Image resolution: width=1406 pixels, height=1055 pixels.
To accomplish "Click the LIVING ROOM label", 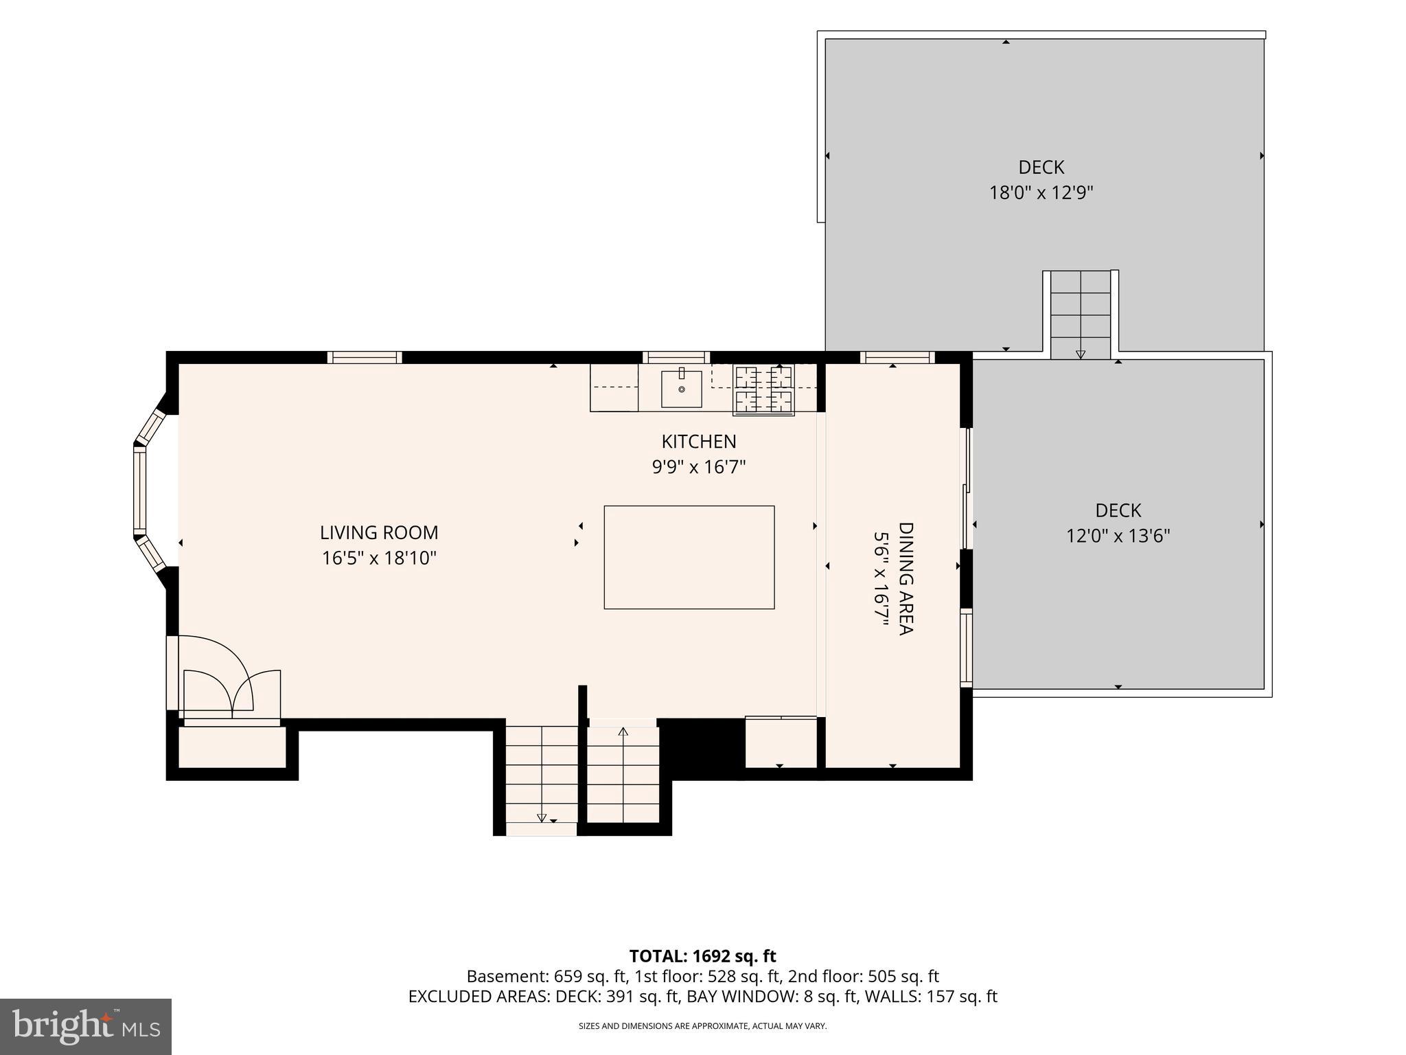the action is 379,532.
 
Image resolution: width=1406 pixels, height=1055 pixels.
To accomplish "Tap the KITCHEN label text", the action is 699,441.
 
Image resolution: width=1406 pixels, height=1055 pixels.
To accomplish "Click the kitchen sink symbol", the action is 682,388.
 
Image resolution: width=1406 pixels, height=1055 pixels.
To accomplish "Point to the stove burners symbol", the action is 764,390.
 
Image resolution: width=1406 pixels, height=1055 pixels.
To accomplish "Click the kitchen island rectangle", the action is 689,557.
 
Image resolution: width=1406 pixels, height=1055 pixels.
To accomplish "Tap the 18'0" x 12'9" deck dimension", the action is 1041,192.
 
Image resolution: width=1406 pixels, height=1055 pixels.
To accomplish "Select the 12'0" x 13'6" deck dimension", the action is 1118,536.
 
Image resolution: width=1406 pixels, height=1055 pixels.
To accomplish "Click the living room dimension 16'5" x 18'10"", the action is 379,558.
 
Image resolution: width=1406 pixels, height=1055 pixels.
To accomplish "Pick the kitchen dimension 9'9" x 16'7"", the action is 699,467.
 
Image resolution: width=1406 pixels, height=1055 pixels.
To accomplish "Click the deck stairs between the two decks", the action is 1081,315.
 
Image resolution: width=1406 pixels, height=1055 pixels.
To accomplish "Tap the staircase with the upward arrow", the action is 623,774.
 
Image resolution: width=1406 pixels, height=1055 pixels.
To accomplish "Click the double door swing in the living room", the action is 227,679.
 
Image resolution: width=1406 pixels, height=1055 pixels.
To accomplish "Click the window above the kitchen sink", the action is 676,357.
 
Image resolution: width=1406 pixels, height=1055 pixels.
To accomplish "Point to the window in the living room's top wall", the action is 365,357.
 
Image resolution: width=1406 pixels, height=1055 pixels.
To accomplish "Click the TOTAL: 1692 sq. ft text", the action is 702,956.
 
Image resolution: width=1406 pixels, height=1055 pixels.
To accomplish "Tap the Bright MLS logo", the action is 86,1027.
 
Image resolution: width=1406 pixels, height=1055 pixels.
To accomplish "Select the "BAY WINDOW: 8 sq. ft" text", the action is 772,997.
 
